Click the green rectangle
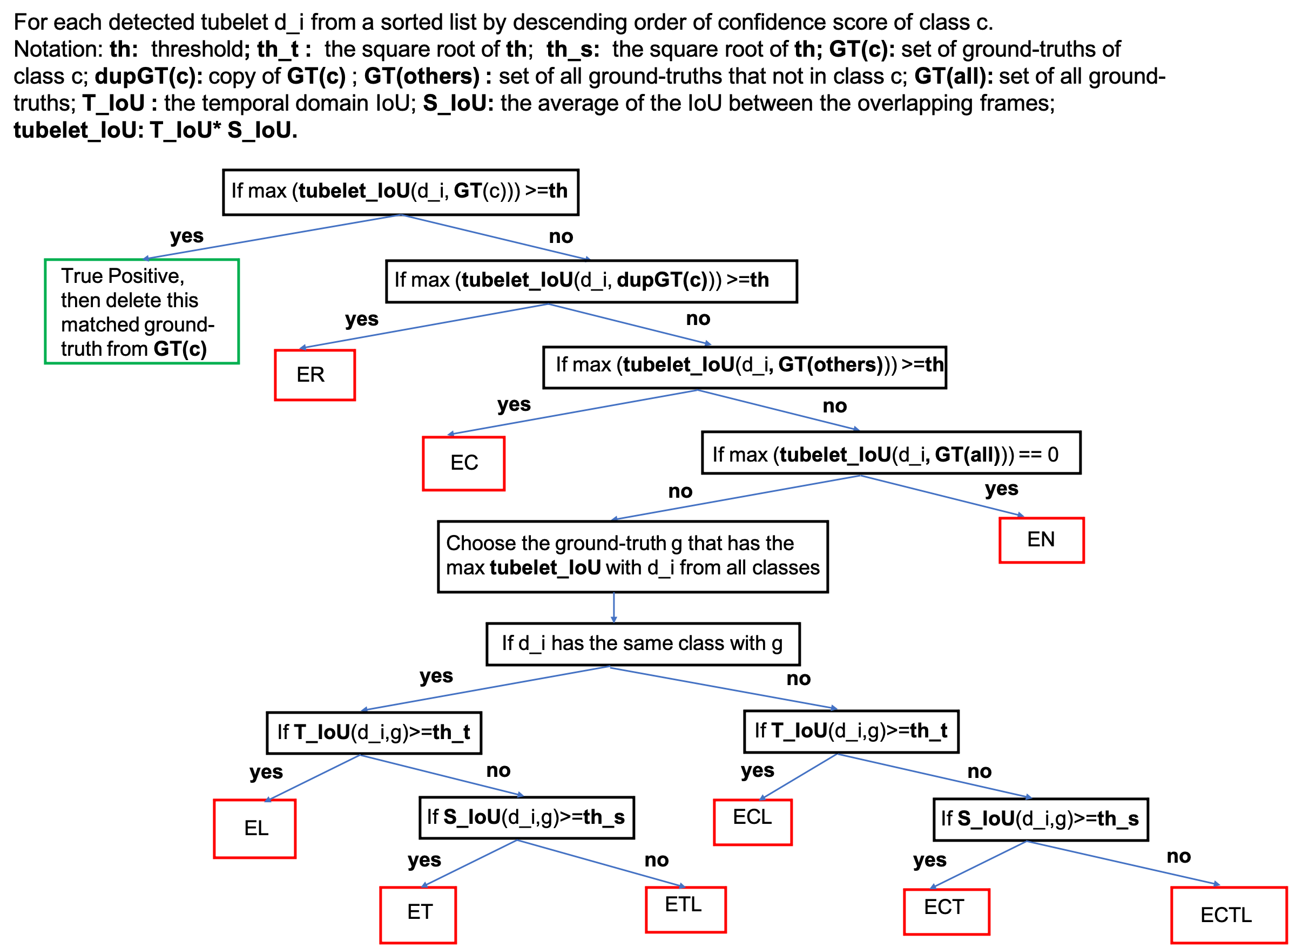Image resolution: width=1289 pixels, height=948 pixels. (x=142, y=311)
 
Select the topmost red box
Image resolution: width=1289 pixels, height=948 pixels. (x=315, y=375)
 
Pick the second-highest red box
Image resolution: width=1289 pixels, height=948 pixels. (x=464, y=464)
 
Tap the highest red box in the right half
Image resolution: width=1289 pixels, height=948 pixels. (x=1042, y=540)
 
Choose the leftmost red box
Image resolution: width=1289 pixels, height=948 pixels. (x=255, y=829)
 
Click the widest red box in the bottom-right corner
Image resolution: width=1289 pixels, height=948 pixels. (x=1229, y=915)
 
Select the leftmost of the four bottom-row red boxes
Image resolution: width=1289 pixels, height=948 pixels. (x=418, y=915)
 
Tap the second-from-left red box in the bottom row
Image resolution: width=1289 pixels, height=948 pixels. (x=686, y=910)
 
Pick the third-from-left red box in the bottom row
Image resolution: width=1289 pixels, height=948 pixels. (x=947, y=912)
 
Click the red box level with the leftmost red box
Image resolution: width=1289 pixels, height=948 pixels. (x=753, y=822)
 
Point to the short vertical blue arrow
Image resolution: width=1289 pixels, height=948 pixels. (x=613, y=607)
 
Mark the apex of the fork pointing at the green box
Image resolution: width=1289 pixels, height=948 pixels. (x=401, y=215)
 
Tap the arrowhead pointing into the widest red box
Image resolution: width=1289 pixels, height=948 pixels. (x=1217, y=884)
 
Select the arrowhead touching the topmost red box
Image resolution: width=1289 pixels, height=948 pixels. (x=302, y=348)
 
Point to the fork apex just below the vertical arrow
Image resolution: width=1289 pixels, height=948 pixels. (x=609, y=667)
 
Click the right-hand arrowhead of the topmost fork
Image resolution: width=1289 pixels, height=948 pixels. (x=587, y=259)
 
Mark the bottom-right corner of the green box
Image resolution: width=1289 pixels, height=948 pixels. (x=238, y=363)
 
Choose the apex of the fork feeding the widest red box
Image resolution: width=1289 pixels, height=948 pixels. (x=1027, y=841)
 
